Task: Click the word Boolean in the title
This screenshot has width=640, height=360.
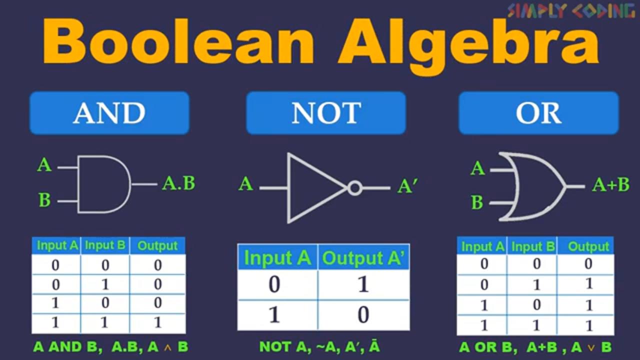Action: (179, 41)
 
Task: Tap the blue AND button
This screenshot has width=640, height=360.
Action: (109, 113)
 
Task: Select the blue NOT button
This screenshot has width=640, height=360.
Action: (326, 113)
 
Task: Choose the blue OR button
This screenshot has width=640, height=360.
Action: (539, 113)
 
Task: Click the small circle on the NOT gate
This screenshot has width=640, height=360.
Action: (355, 188)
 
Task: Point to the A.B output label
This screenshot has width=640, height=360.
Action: (179, 183)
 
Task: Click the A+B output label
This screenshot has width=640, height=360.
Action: (611, 184)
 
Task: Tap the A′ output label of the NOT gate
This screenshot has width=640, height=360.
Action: (407, 186)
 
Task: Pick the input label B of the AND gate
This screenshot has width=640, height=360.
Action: (44, 199)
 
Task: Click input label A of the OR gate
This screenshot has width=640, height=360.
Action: (477, 168)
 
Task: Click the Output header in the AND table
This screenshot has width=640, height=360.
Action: (157, 245)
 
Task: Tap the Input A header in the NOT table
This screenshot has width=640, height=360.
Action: (277, 257)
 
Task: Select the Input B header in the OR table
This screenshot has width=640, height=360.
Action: (533, 246)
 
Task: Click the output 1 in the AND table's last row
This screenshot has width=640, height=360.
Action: (157, 322)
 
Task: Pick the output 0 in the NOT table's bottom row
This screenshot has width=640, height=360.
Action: (363, 315)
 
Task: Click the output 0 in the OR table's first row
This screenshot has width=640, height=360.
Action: (588, 263)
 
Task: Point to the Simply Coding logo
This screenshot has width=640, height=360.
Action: (572, 11)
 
